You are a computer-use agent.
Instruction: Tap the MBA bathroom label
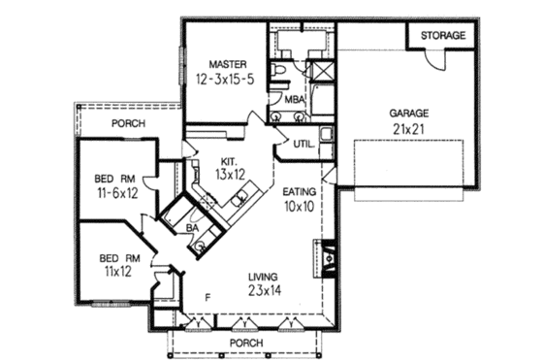click(x=295, y=99)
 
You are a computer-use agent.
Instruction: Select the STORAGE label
click(x=443, y=36)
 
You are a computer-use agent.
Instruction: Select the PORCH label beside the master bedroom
click(x=128, y=124)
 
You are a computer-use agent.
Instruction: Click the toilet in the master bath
click(x=279, y=73)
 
